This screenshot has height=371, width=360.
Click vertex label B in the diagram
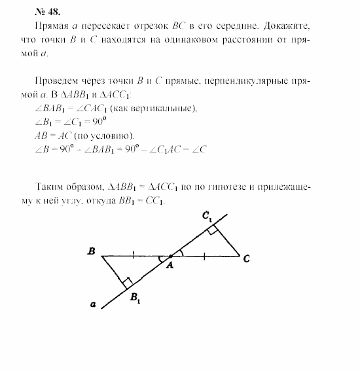(92, 251)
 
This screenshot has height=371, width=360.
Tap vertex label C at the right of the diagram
(246, 258)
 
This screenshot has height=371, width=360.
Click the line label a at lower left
(94, 304)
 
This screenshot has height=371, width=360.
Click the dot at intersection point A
(171, 256)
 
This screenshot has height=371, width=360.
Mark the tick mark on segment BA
(134, 256)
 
